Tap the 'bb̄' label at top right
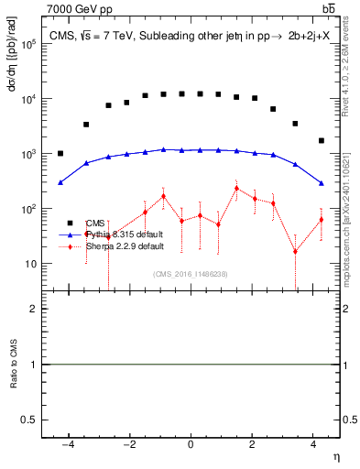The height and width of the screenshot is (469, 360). click(x=329, y=9)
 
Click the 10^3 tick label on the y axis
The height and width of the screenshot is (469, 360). click(x=29, y=154)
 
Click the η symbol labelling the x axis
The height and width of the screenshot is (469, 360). click(x=334, y=457)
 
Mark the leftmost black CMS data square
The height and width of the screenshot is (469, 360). click(x=60, y=154)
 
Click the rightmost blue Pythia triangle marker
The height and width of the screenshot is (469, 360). click(x=322, y=183)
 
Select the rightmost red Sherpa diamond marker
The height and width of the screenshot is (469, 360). click(x=322, y=220)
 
